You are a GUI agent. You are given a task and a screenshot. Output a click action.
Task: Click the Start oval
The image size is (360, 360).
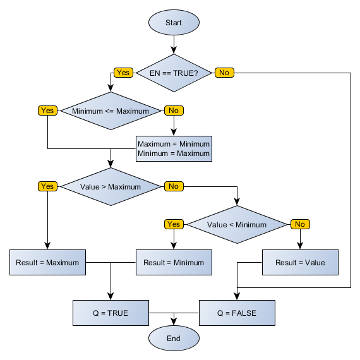[x=174, y=23]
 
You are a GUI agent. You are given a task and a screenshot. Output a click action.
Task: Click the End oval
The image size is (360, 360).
[x=174, y=339]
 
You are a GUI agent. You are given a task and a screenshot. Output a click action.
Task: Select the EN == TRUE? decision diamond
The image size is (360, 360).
[x=174, y=73]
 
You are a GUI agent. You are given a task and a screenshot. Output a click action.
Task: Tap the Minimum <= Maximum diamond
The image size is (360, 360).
[x=111, y=111]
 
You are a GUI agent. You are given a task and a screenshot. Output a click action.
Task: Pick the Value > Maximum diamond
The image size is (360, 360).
[x=111, y=186]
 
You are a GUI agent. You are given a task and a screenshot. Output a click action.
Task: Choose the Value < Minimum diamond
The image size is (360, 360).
[x=237, y=224]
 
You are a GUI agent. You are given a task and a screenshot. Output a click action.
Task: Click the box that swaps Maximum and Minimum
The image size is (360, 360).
[x=174, y=148]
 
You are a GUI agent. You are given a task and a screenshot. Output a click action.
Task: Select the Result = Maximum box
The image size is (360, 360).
[x=47, y=262]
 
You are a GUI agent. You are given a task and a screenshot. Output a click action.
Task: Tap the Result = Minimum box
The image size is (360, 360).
[x=174, y=262]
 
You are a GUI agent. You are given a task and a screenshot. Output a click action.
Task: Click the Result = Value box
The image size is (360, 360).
[x=300, y=262]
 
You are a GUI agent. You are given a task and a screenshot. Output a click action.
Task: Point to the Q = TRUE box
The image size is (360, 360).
[x=111, y=313]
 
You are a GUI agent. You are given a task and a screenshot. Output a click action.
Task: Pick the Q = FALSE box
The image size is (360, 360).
[x=237, y=313]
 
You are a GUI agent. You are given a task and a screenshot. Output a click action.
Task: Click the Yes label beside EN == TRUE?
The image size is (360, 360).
[x=123, y=73]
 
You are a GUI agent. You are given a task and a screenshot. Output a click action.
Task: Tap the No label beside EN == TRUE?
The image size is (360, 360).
[x=224, y=73]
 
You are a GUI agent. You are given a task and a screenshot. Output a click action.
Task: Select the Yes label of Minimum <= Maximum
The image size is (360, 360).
[x=47, y=111]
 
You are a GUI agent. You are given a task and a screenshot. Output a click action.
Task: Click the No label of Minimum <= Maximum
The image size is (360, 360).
[x=174, y=111]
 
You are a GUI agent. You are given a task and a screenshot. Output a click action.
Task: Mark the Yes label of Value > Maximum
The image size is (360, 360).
[x=47, y=186]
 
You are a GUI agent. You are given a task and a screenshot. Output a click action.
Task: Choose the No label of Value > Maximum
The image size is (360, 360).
[x=174, y=186]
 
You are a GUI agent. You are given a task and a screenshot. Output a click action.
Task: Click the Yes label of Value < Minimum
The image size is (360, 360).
[x=174, y=224]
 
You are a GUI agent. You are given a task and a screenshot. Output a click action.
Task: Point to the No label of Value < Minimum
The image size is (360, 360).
[x=300, y=224]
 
